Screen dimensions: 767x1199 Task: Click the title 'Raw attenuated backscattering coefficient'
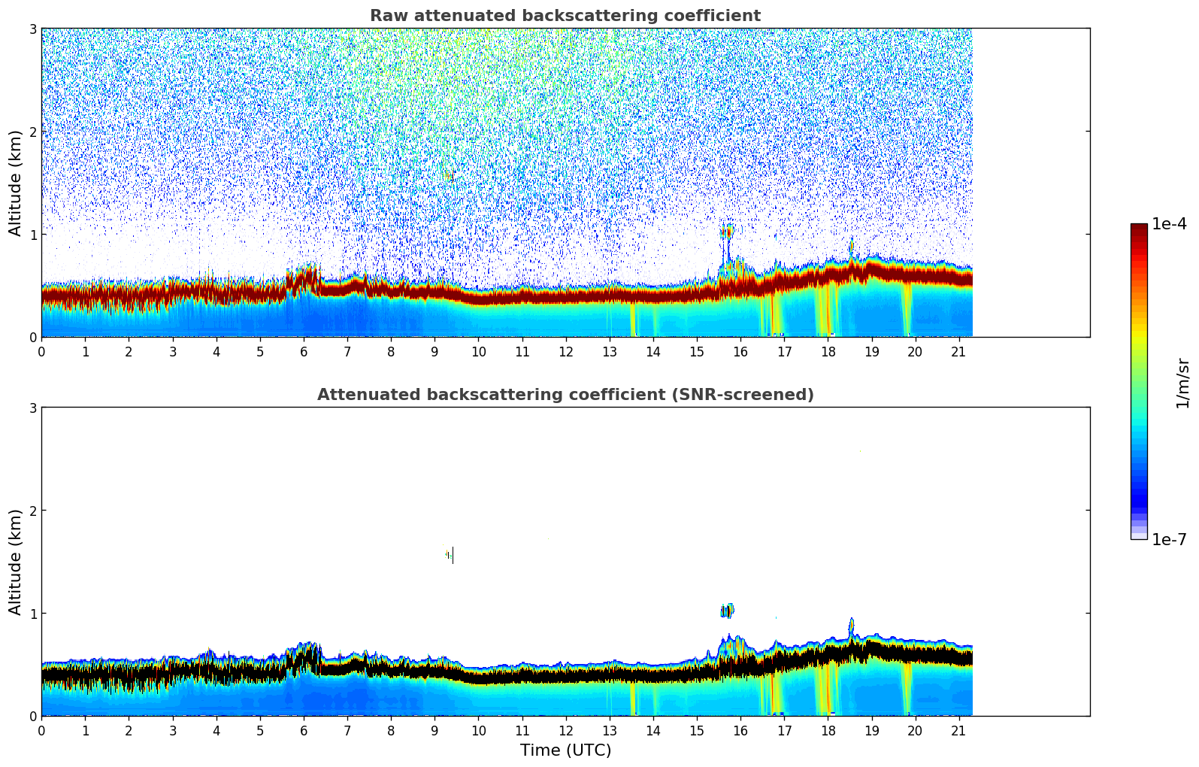pos(565,16)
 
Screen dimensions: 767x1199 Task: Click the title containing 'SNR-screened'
pos(565,395)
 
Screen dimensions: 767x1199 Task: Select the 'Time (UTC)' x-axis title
pos(565,750)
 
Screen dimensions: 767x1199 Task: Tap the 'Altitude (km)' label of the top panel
pos(16,183)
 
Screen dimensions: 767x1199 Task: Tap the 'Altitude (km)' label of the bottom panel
pos(16,562)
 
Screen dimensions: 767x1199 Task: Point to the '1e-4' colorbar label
pos(1169,224)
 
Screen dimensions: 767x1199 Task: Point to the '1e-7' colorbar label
pos(1169,539)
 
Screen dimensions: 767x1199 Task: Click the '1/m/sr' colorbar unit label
pos(1182,383)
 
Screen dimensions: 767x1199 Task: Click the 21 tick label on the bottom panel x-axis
pos(958,730)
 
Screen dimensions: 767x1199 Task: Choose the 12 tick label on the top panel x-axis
pos(565,351)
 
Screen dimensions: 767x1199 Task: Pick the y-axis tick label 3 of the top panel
pos(32,29)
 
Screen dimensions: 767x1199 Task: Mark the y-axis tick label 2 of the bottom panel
pos(32,511)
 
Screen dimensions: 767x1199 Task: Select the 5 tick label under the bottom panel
pos(260,730)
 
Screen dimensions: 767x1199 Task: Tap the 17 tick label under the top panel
pos(784,351)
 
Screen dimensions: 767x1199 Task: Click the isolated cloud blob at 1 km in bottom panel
pos(727,611)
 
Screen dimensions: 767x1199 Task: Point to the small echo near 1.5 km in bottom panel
pos(450,555)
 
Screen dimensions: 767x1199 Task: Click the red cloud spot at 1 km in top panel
pos(727,232)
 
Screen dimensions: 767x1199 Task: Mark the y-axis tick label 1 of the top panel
pos(32,235)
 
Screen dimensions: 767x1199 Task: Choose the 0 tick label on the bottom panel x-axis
pos(41,730)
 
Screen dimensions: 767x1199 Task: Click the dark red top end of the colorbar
pos(1138,228)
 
